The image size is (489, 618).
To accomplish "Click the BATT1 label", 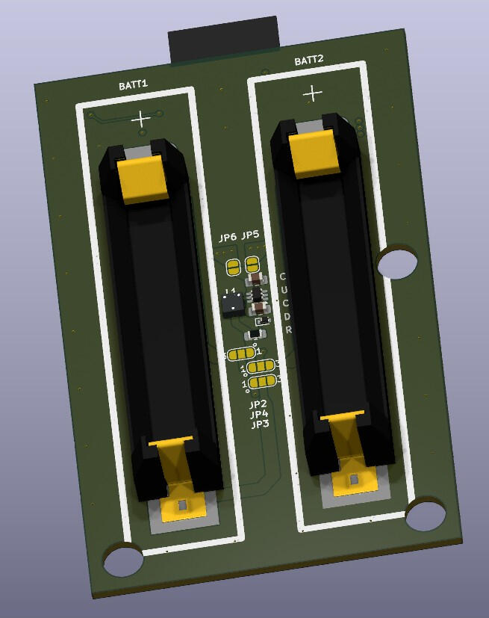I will click(133, 85).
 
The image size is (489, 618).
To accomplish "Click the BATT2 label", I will click(308, 61).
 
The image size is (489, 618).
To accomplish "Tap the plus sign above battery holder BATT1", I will click(140, 118).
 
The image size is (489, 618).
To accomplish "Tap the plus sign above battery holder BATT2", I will click(313, 93).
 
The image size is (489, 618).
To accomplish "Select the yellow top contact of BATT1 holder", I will click(143, 179).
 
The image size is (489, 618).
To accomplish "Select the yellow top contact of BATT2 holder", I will click(315, 152).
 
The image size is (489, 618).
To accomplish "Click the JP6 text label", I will click(228, 238).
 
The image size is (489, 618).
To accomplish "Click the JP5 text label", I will click(250, 235).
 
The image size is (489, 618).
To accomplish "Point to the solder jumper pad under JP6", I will click(233, 266).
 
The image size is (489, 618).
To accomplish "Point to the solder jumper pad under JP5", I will click(252, 263).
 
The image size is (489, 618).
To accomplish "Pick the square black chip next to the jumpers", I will click(231, 303).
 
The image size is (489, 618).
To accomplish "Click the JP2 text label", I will click(258, 404).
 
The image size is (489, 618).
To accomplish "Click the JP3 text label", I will click(260, 424).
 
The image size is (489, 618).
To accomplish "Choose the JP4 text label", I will click(259, 415).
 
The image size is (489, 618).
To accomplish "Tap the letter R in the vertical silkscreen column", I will click(288, 330).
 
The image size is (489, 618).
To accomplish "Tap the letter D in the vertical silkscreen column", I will click(287, 317).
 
